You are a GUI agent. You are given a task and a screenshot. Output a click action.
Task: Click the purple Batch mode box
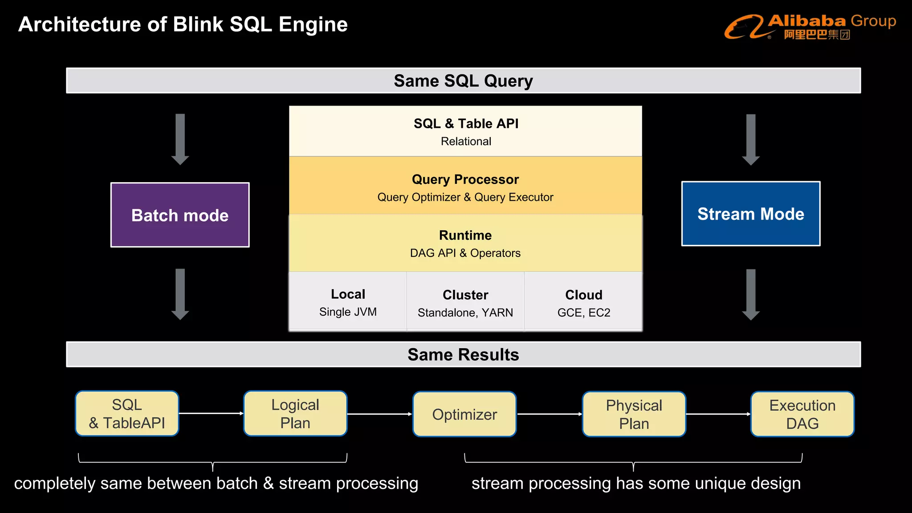[x=180, y=215]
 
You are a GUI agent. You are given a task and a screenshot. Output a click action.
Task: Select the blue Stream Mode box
[x=751, y=214]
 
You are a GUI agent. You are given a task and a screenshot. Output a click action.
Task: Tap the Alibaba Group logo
[x=810, y=27]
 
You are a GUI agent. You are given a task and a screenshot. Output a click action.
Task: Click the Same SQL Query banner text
[x=463, y=81]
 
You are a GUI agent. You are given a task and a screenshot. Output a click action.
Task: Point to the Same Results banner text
[x=463, y=354]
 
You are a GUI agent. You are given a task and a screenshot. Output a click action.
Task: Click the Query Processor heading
[x=465, y=179]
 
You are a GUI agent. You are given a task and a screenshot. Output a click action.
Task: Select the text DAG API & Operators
[x=465, y=253]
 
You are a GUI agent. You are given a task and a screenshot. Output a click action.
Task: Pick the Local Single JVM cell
[x=348, y=302]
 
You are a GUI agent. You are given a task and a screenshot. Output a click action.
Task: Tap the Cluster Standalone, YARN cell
[x=465, y=303]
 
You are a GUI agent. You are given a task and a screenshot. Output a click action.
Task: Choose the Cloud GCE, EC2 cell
[x=584, y=303]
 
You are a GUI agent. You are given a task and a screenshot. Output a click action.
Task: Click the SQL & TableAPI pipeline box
[x=127, y=414]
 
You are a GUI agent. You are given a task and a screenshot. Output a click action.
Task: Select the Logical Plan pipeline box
[x=295, y=414]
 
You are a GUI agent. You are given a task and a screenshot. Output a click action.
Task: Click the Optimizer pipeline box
[x=464, y=414]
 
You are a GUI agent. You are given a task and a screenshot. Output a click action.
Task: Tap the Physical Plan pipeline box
[x=634, y=414]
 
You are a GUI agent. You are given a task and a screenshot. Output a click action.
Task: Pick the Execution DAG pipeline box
[x=802, y=414]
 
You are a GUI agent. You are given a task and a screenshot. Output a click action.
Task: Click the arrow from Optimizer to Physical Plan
[x=550, y=414]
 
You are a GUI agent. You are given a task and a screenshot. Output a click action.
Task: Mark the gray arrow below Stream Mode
[x=751, y=294]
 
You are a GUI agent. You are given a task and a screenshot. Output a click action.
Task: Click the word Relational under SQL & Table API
[x=466, y=141]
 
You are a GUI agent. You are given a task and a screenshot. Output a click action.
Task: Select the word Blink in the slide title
[x=199, y=24]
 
